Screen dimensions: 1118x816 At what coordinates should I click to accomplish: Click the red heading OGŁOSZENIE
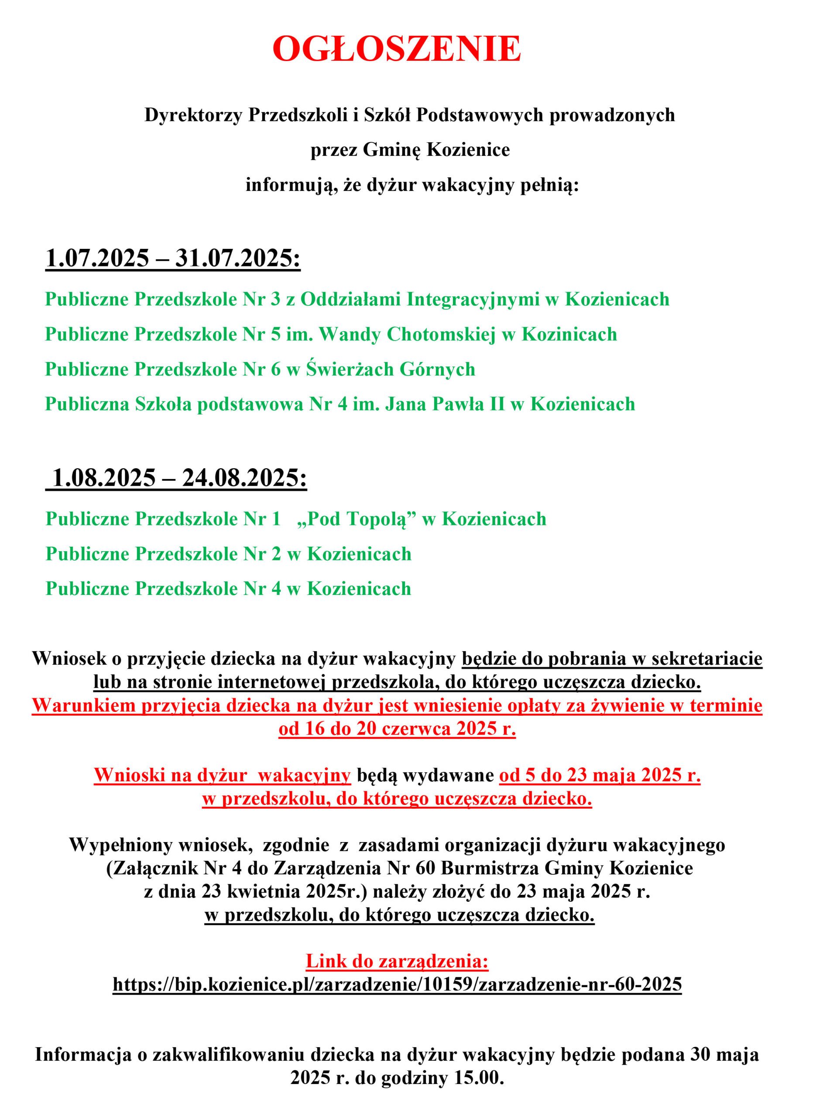tap(397, 49)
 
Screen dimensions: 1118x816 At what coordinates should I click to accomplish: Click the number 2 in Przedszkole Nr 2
tap(276, 554)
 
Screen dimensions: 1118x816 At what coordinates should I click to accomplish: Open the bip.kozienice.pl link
tap(397, 984)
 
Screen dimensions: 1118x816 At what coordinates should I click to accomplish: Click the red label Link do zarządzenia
tap(397, 961)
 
